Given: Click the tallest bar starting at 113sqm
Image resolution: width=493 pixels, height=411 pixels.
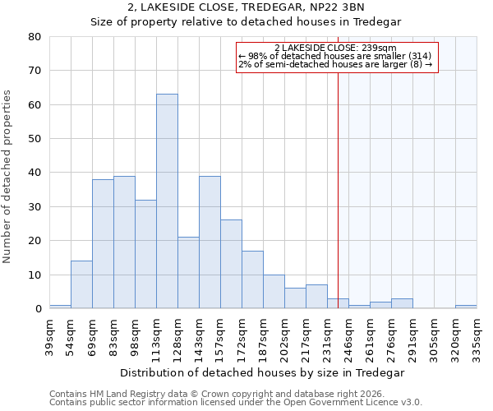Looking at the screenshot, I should coord(167,201).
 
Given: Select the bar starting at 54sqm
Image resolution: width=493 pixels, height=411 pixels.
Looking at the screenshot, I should coord(81,284).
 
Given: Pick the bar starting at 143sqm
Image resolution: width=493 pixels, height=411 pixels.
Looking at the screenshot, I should coord(210,242).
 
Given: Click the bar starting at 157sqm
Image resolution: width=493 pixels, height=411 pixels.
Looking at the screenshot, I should coord(231,264).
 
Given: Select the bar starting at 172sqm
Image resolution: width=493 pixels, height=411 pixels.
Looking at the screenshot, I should coord(252,279).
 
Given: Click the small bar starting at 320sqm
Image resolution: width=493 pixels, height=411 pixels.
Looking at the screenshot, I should coord(466,307).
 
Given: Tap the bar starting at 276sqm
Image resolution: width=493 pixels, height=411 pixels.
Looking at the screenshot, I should coord(402,303).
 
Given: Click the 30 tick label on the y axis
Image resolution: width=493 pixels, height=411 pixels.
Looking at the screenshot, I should coord(35,207).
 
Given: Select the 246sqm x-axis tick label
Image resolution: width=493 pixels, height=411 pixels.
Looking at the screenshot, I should coord(349,336).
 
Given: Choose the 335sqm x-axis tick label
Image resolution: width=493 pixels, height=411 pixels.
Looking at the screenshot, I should coord(477,336).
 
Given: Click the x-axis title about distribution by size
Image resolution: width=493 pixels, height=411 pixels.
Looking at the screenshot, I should coord(262,372).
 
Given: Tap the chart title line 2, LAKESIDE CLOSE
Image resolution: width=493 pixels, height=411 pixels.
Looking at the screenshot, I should coord(247,7).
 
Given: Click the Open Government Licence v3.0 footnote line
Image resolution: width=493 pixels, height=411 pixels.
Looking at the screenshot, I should coord(236,403).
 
